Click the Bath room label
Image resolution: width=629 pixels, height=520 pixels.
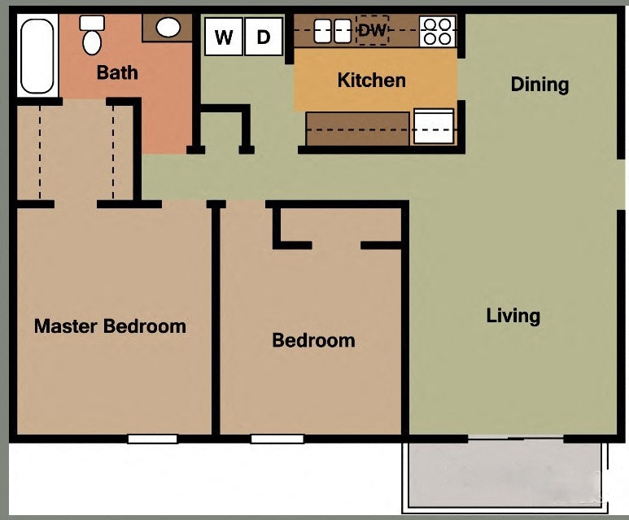tap(117, 72)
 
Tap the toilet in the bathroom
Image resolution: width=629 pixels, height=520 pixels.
tap(92, 34)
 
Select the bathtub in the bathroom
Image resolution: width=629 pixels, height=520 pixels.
tap(36, 55)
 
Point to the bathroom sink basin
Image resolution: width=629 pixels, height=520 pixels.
tap(168, 28)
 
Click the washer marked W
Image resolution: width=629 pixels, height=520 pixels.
tap(224, 37)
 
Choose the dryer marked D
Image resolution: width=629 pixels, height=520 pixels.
tap(263, 37)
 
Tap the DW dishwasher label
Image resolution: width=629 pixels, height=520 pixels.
tap(374, 31)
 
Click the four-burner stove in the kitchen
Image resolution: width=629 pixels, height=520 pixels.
tap(437, 31)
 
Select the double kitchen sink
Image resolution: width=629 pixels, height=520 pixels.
tap(332, 31)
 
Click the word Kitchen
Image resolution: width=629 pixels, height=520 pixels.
tap(371, 80)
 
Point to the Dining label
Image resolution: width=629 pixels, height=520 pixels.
tap(539, 85)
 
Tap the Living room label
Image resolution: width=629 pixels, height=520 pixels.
tap(513, 316)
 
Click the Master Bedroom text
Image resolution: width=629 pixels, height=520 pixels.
tap(110, 326)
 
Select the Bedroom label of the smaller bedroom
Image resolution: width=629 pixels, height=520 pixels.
tap(313, 340)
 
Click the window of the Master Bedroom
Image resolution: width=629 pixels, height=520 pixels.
tap(152, 439)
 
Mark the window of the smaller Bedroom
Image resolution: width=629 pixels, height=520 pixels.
tap(277, 439)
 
